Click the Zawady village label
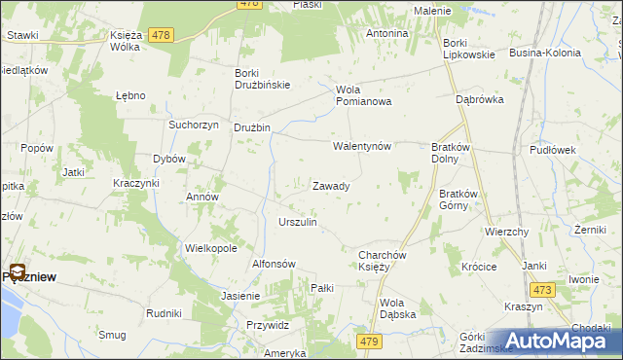pyautogui.click(x=331, y=186)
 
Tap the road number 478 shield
pyautogui.click(x=162, y=35)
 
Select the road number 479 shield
pyautogui.click(x=369, y=342)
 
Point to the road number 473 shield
pyautogui.click(x=542, y=289)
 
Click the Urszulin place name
pyautogui.click(x=298, y=223)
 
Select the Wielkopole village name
pyautogui.click(x=211, y=248)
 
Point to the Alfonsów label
pyautogui.click(x=274, y=264)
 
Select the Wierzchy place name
pyautogui.click(x=506, y=233)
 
